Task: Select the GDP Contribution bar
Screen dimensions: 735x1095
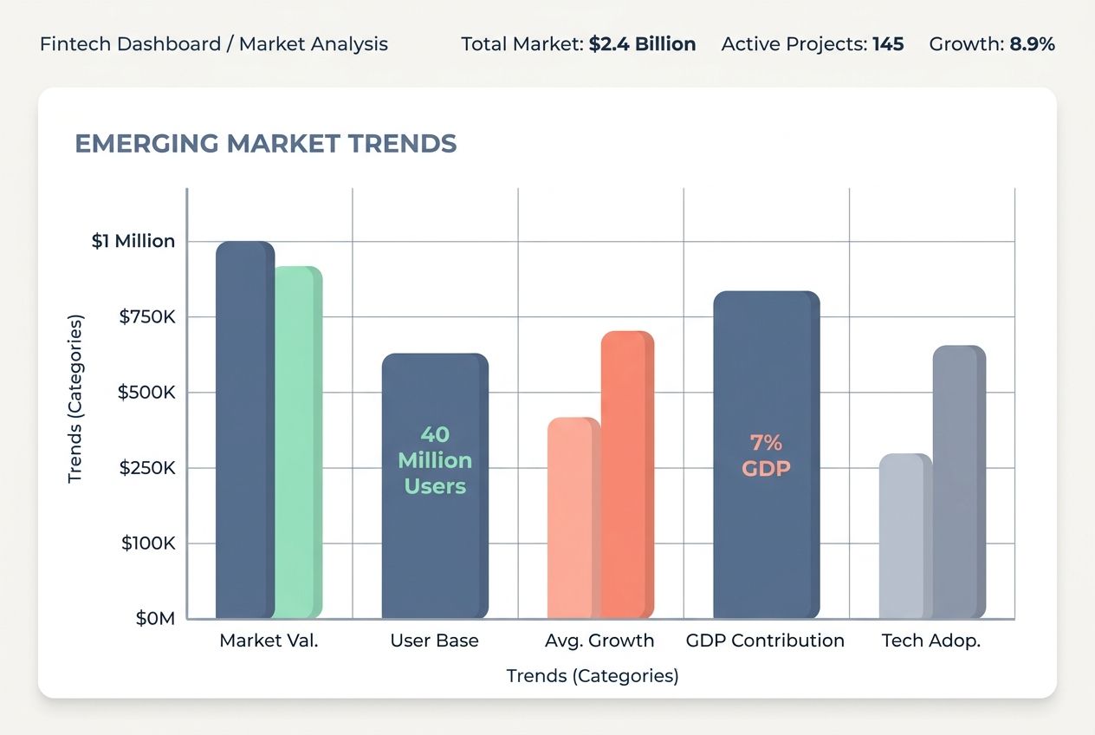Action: (x=766, y=537)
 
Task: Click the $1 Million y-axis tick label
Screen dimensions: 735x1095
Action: (x=133, y=241)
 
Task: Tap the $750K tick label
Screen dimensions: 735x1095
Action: (x=147, y=317)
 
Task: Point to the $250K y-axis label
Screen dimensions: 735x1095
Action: (x=147, y=468)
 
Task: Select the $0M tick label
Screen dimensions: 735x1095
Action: (x=155, y=619)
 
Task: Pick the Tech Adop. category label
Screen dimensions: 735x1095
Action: (x=931, y=641)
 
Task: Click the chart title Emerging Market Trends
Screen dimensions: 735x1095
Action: (x=266, y=144)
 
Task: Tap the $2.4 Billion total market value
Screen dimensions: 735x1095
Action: (x=642, y=44)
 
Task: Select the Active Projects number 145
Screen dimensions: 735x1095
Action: (x=888, y=44)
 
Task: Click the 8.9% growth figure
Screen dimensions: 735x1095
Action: (x=1032, y=44)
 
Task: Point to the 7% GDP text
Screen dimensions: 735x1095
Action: (x=766, y=456)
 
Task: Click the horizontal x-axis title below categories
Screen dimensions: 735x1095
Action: (x=593, y=676)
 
